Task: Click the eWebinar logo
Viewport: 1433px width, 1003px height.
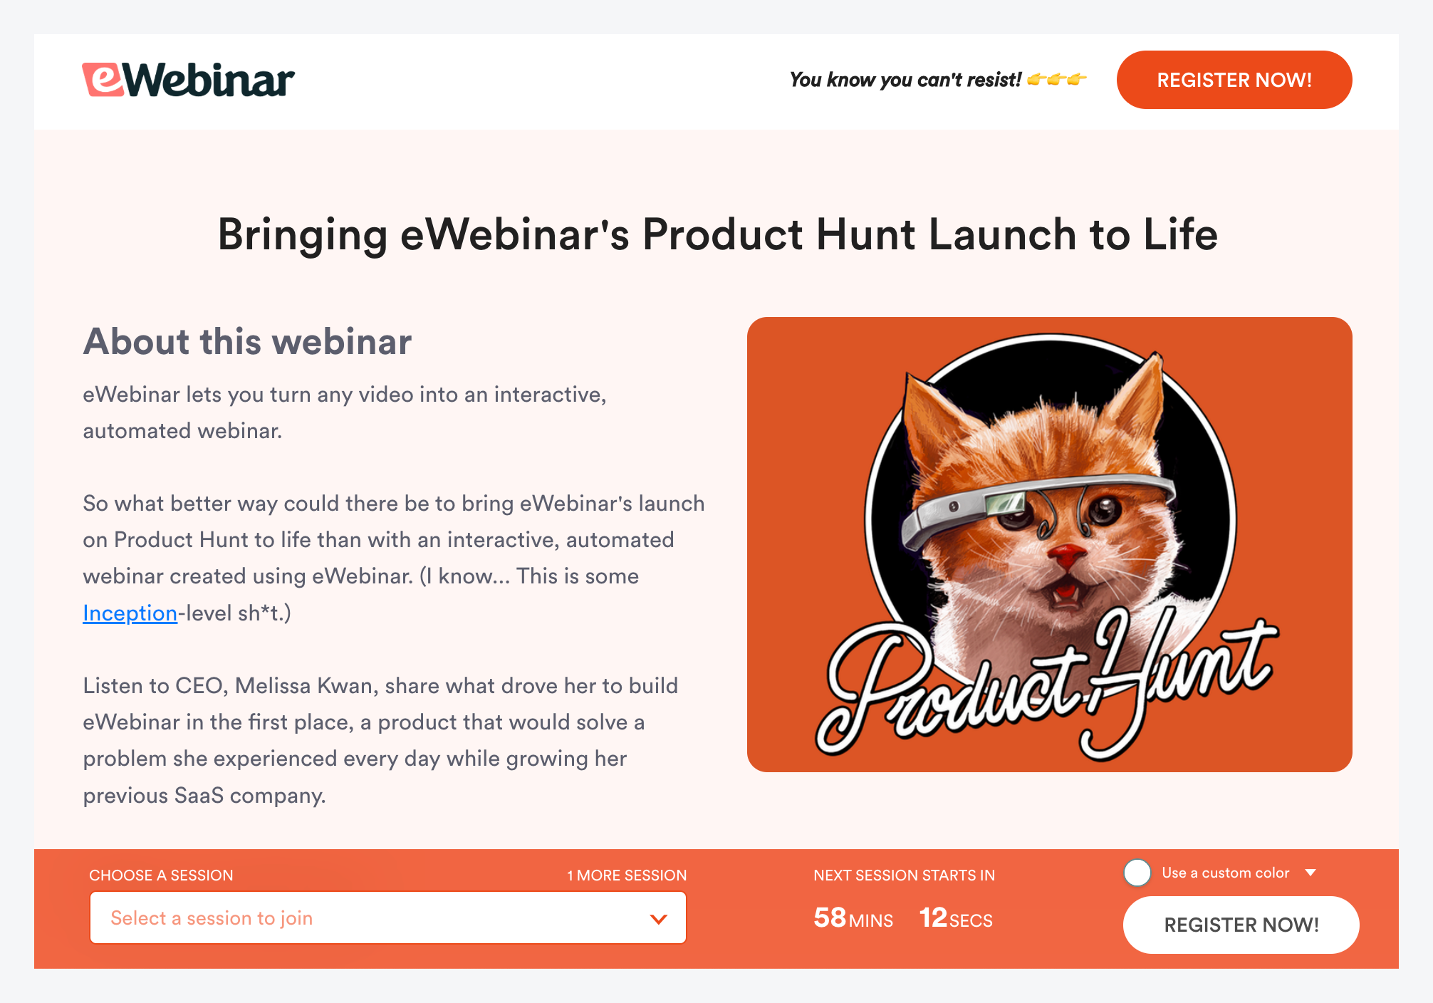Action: [188, 80]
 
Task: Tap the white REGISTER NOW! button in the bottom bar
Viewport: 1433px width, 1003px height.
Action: [1241, 925]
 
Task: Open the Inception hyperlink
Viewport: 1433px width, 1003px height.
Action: [130, 613]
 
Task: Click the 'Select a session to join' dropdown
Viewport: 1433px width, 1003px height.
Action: [387, 918]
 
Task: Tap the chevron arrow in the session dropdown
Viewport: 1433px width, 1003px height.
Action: [659, 919]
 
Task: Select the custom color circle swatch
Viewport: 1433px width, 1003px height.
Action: [1137, 873]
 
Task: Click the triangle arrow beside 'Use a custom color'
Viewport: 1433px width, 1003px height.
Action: [1310, 873]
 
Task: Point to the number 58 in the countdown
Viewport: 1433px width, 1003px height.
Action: [830, 918]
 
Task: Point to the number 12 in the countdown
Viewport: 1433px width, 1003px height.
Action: [933, 918]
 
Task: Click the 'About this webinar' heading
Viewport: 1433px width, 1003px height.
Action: [247, 341]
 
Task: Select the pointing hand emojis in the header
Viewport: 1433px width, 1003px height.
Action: [1057, 79]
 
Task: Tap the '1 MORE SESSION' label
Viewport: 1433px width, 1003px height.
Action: [627, 875]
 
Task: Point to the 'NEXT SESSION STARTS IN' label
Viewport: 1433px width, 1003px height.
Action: [904, 875]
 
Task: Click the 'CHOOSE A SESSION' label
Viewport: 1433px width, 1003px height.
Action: [161, 875]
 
